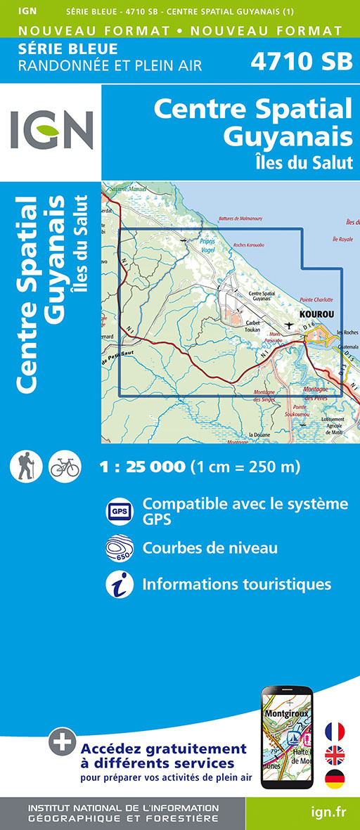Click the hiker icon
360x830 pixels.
[x=27, y=466]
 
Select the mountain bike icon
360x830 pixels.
[x=65, y=466]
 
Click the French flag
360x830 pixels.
[x=335, y=732]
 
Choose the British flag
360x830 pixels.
[x=335, y=756]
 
